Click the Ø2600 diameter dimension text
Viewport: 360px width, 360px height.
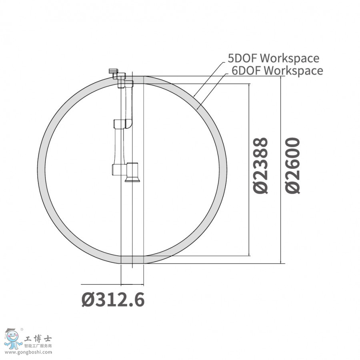pos(292,166)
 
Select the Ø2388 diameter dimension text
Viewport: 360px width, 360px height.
pos(260,166)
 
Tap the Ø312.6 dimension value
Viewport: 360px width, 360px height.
pos(113,299)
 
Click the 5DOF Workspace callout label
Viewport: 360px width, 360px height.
pos(273,58)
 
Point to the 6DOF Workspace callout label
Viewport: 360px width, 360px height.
pos(277,70)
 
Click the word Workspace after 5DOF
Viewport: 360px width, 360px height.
pos(289,58)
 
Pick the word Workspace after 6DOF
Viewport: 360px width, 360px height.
pos(294,70)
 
